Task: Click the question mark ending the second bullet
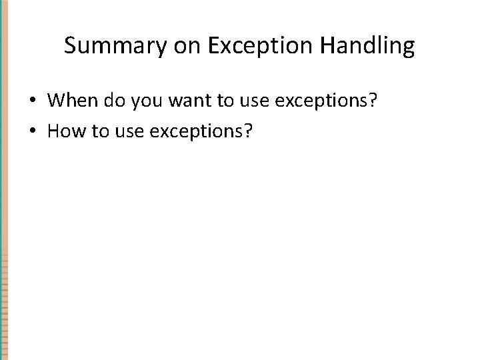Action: tap(248, 131)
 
